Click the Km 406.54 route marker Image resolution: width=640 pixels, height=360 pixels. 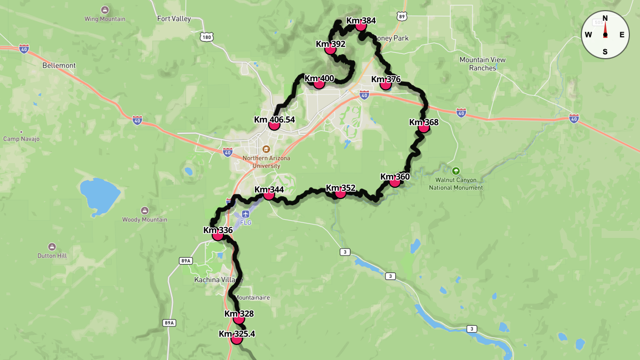(274, 125)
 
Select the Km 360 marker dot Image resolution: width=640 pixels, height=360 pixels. (395, 182)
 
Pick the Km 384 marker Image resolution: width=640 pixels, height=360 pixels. (361, 26)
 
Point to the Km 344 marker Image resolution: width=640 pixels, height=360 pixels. (269, 195)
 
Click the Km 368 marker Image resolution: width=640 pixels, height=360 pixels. (423, 127)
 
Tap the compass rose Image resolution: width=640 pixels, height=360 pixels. (605, 35)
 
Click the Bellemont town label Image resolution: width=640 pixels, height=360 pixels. (59, 66)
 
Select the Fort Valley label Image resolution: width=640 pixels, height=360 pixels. (174, 19)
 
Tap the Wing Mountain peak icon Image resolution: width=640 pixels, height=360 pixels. (105, 11)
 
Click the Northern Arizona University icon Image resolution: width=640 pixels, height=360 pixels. (266, 149)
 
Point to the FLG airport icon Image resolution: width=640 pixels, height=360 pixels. (246, 213)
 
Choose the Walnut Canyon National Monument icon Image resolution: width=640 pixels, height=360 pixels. (455, 171)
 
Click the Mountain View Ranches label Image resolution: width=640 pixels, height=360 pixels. (483, 64)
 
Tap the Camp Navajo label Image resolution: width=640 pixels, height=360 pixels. (21, 139)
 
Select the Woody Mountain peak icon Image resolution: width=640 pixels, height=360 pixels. (145, 211)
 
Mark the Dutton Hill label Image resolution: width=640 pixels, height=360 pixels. (52, 255)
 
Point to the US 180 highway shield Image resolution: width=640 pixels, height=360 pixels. (207, 36)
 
